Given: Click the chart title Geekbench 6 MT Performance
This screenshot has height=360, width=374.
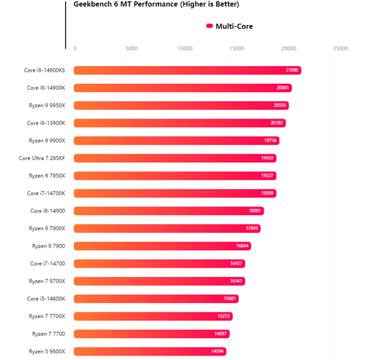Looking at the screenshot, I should (x=156, y=4).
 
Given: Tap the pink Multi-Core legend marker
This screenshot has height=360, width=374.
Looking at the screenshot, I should (x=209, y=26).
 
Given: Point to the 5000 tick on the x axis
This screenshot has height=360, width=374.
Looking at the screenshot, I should (x=132, y=48).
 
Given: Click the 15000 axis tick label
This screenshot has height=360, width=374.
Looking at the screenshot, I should (x=237, y=48).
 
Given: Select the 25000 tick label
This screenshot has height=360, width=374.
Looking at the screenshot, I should (x=340, y=48).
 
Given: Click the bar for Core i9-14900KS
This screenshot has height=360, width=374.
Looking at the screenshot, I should (x=187, y=71).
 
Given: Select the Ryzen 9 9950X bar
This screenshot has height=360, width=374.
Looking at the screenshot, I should (x=181, y=105).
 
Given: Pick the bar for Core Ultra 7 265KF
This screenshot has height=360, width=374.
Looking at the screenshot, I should (x=175, y=158).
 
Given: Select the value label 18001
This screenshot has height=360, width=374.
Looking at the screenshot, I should (x=256, y=211).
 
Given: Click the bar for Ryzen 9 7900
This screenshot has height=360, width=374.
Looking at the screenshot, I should (x=162, y=246).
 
